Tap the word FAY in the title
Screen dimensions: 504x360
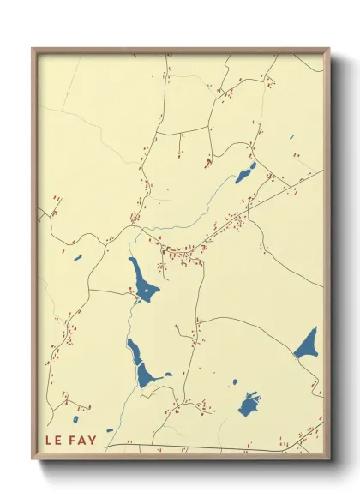click(x=82, y=441)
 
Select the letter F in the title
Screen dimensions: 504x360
click(x=71, y=441)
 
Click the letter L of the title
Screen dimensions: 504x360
click(x=48, y=441)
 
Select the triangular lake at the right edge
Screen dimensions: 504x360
click(x=308, y=345)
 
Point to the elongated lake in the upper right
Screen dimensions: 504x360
click(x=246, y=174)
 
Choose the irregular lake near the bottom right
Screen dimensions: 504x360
click(x=249, y=404)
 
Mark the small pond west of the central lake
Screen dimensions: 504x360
click(x=77, y=257)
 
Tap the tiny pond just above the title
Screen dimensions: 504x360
click(x=109, y=431)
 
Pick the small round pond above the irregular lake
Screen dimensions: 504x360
click(x=233, y=381)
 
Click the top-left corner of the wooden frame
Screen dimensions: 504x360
click(x=33, y=50)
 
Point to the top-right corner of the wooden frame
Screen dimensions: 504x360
click(x=328, y=50)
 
